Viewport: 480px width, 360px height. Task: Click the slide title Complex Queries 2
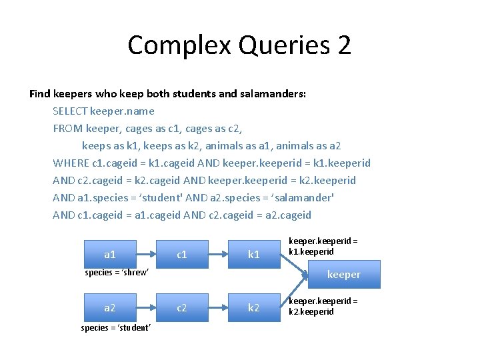point(239,45)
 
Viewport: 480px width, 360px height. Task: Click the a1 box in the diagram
point(110,254)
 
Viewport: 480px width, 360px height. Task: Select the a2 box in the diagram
point(110,307)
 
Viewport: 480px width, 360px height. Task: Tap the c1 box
point(181,254)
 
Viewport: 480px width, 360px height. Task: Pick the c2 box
point(181,307)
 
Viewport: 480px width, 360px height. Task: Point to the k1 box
point(253,254)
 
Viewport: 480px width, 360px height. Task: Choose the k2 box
point(253,307)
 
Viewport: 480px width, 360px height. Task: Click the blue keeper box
point(343,275)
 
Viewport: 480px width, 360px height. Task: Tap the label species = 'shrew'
point(117,273)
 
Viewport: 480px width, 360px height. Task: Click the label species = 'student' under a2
point(116,327)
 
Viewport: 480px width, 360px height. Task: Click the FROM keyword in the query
point(67,129)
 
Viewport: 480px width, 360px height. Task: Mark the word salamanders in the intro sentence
point(271,94)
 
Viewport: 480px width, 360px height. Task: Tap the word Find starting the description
point(40,94)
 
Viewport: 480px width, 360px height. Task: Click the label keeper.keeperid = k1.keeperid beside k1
point(323,247)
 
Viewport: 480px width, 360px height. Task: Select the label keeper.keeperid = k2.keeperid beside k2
point(323,306)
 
